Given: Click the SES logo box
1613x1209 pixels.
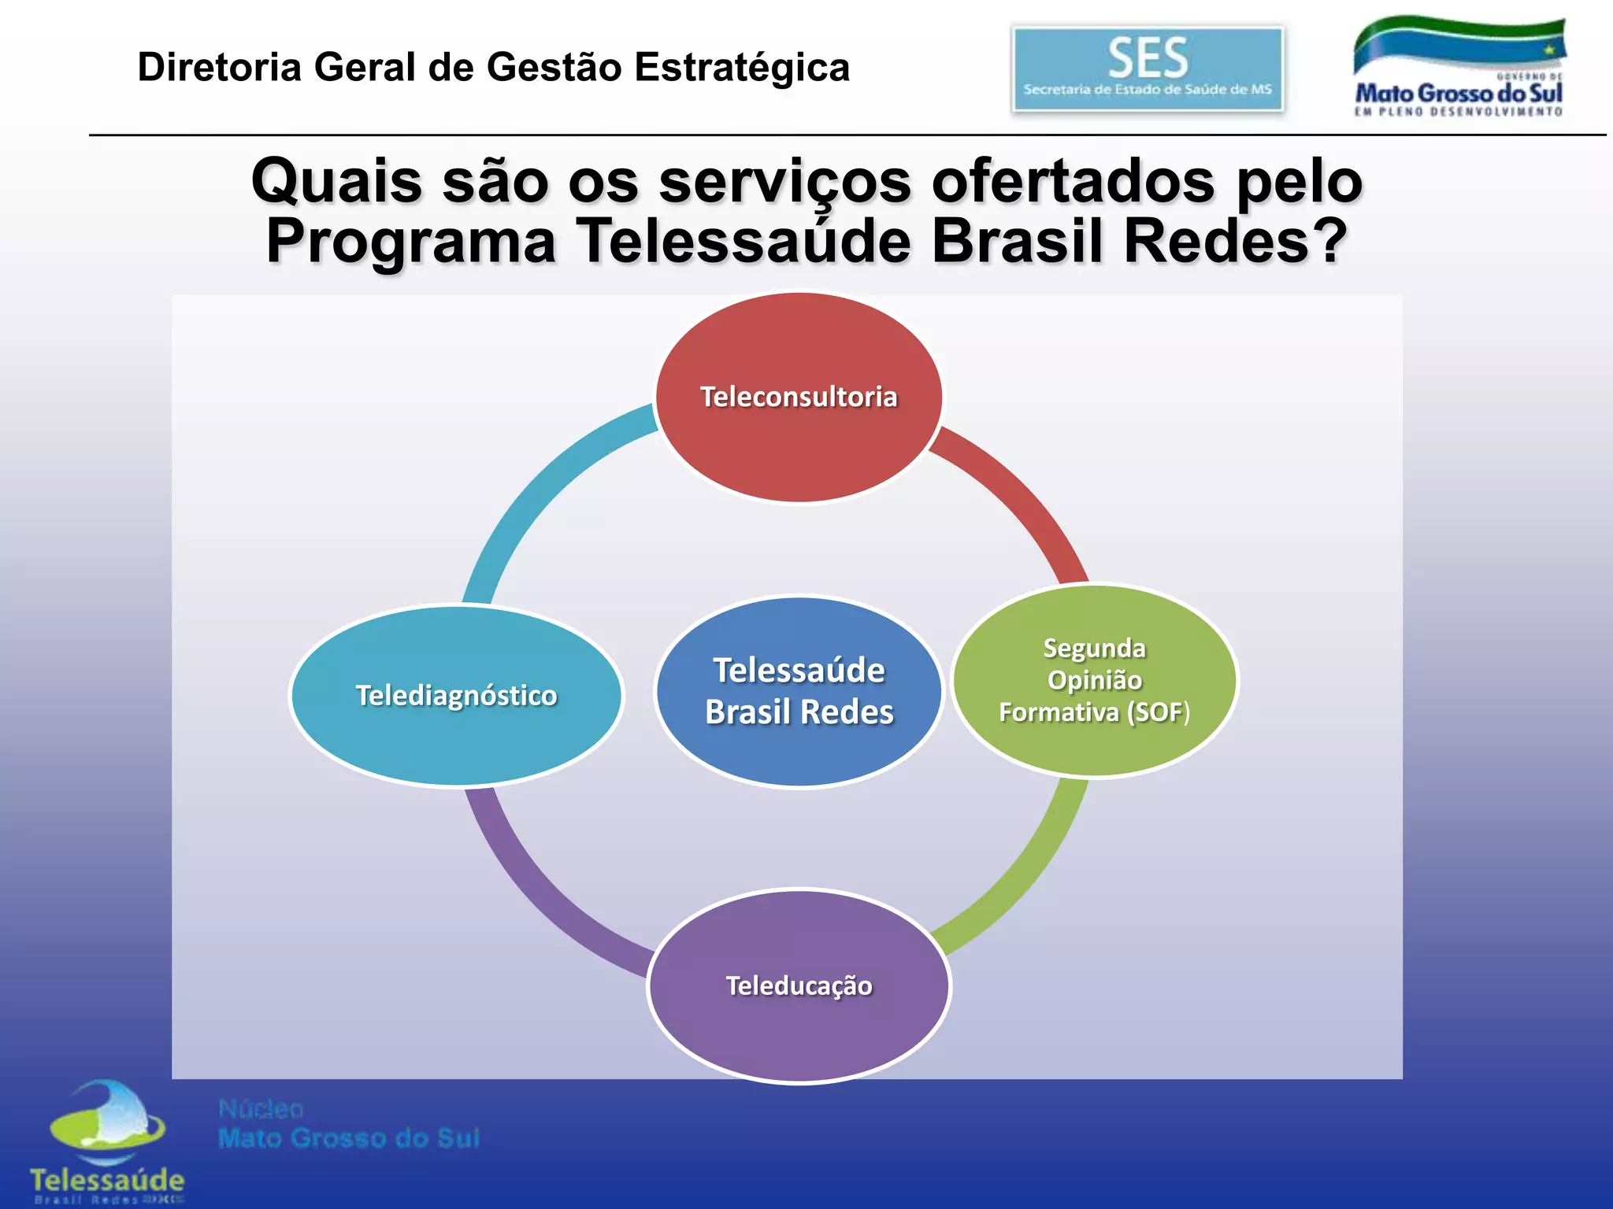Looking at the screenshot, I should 1148,69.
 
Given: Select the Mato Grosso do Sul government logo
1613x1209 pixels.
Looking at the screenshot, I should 1459,68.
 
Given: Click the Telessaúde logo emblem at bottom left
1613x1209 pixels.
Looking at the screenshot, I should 107,1126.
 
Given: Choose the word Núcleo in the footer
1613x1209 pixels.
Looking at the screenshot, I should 261,1109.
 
